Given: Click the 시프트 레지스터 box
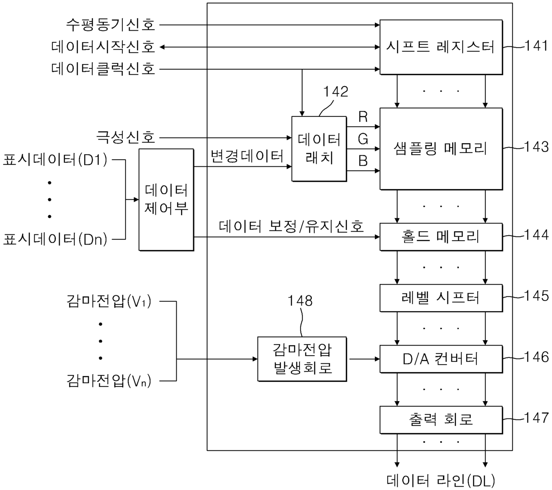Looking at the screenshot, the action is pyautogui.click(x=441, y=47).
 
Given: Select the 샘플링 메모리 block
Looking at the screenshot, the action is pyautogui.click(x=441, y=149).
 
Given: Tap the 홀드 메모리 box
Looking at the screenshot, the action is pyautogui.click(x=441, y=237).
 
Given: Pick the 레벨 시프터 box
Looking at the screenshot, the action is pyautogui.click(x=441, y=298).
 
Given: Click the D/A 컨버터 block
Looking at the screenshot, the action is pyautogui.click(x=441, y=359).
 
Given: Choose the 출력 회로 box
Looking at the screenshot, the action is pyautogui.click(x=441, y=420).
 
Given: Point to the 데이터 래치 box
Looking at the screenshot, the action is pyautogui.click(x=319, y=149).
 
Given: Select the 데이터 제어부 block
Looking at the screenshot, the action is pyautogui.click(x=166, y=200).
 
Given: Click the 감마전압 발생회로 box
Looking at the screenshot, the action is pyautogui.click(x=302, y=359).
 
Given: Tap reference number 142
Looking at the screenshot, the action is pyautogui.click(x=336, y=92).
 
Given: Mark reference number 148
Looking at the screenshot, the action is pyautogui.click(x=300, y=301).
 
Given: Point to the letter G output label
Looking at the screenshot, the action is pyautogui.click(x=363, y=139).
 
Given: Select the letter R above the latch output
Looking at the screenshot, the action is pyautogui.click(x=363, y=117).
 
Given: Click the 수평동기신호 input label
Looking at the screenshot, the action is pyautogui.click(x=110, y=25).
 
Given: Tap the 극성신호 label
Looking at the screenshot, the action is pyautogui.click(x=126, y=137).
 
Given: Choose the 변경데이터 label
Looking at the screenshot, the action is pyautogui.click(x=247, y=156).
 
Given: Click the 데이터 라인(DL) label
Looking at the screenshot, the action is pyautogui.click(x=441, y=481).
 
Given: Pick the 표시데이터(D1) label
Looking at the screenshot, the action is pyautogui.click(x=55, y=160).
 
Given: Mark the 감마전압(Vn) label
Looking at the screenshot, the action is pyautogui.click(x=109, y=381).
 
